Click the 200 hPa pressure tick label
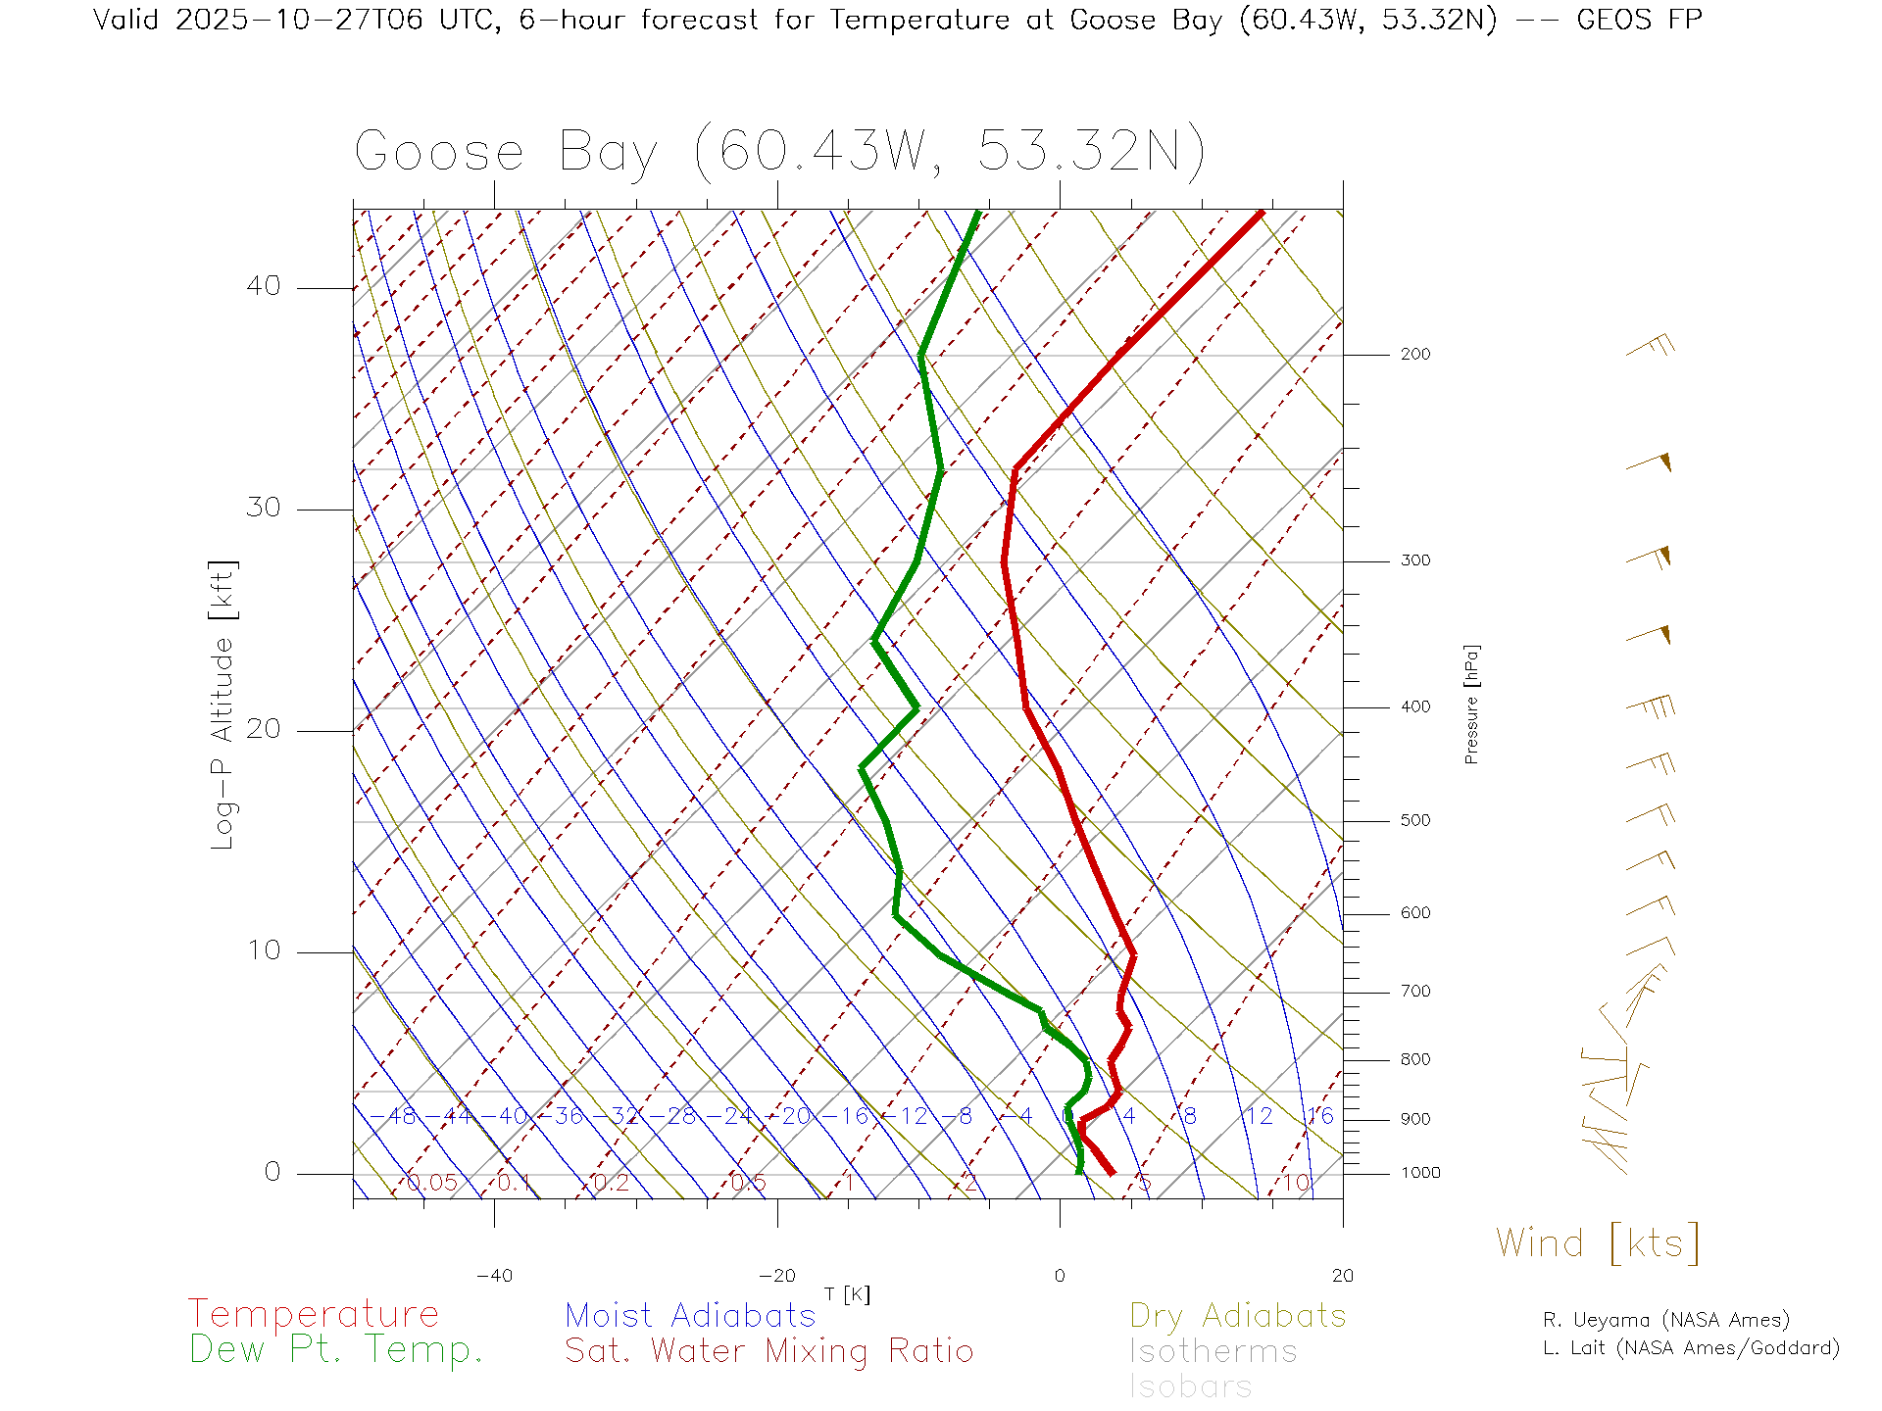point(1414,355)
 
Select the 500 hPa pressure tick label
point(1414,821)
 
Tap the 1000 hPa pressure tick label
point(1420,1173)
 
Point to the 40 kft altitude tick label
point(263,286)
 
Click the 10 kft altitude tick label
point(263,950)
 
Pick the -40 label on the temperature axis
point(494,1276)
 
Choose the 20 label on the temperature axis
point(1342,1276)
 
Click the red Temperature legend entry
point(314,1314)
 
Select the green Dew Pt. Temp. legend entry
point(336,1350)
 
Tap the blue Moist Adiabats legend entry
point(691,1316)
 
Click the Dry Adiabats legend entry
point(1238,1316)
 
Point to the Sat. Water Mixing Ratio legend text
point(769,1351)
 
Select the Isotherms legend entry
point(1213,1352)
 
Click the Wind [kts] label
point(1598,1242)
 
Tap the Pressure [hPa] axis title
point(1471,704)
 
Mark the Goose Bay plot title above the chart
point(779,152)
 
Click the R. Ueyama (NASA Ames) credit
point(1666,1320)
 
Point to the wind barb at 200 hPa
point(1651,347)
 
